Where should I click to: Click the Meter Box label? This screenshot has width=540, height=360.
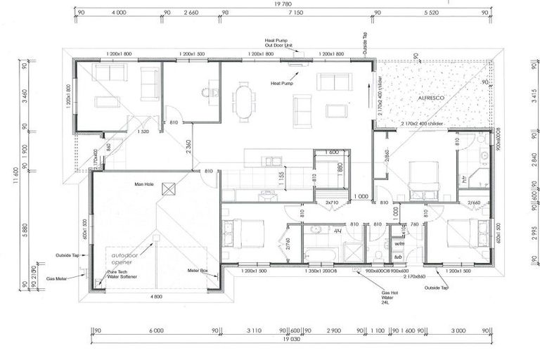[x=198, y=270]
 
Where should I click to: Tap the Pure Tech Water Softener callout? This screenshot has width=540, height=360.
[x=122, y=274]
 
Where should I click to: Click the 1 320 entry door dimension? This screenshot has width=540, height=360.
[x=143, y=131]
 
